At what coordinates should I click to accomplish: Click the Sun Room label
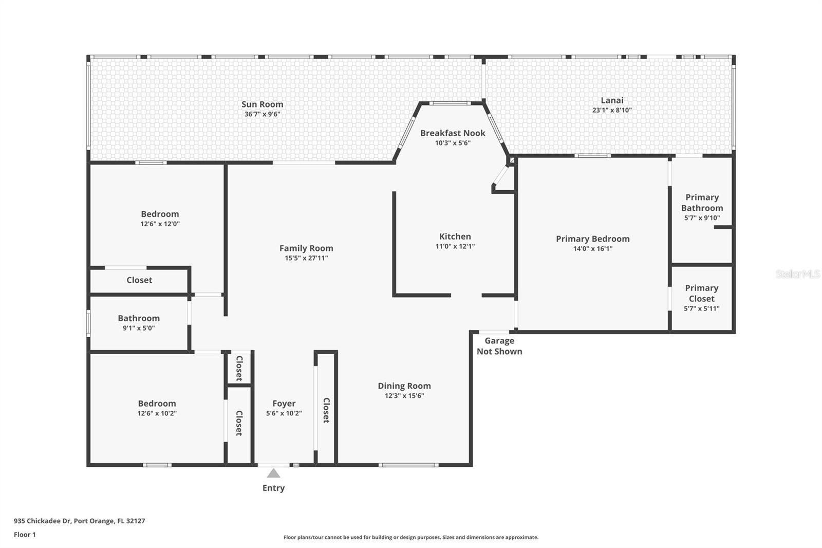click(262, 104)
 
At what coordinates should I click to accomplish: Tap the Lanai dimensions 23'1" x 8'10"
click(611, 110)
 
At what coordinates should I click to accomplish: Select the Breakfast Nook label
click(453, 133)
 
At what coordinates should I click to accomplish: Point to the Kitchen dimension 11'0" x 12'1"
click(455, 246)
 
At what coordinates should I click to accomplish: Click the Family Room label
click(306, 248)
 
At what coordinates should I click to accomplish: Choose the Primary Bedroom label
click(592, 239)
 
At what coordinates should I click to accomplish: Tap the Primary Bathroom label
click(702, 203)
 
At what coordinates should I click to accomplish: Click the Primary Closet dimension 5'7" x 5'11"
click(701, 308)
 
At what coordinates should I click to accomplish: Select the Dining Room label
click(404, 386)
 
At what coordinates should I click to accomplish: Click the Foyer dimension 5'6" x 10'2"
click(284, 413)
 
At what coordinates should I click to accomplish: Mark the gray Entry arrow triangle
click(273, 473)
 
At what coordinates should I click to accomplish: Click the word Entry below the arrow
click(273, 488)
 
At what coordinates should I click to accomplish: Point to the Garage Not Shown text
click(499, 346)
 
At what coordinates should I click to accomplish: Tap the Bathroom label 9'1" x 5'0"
click(139, 323)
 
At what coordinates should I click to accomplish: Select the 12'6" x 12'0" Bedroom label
click(160, 218)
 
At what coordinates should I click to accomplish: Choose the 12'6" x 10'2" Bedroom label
click(157, 408)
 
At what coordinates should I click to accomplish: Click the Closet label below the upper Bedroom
click(139, 280)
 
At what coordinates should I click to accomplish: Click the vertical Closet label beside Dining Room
click(326, 410)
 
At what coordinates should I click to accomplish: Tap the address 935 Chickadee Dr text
click(79, 521)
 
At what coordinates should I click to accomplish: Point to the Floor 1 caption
click(25, 535)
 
